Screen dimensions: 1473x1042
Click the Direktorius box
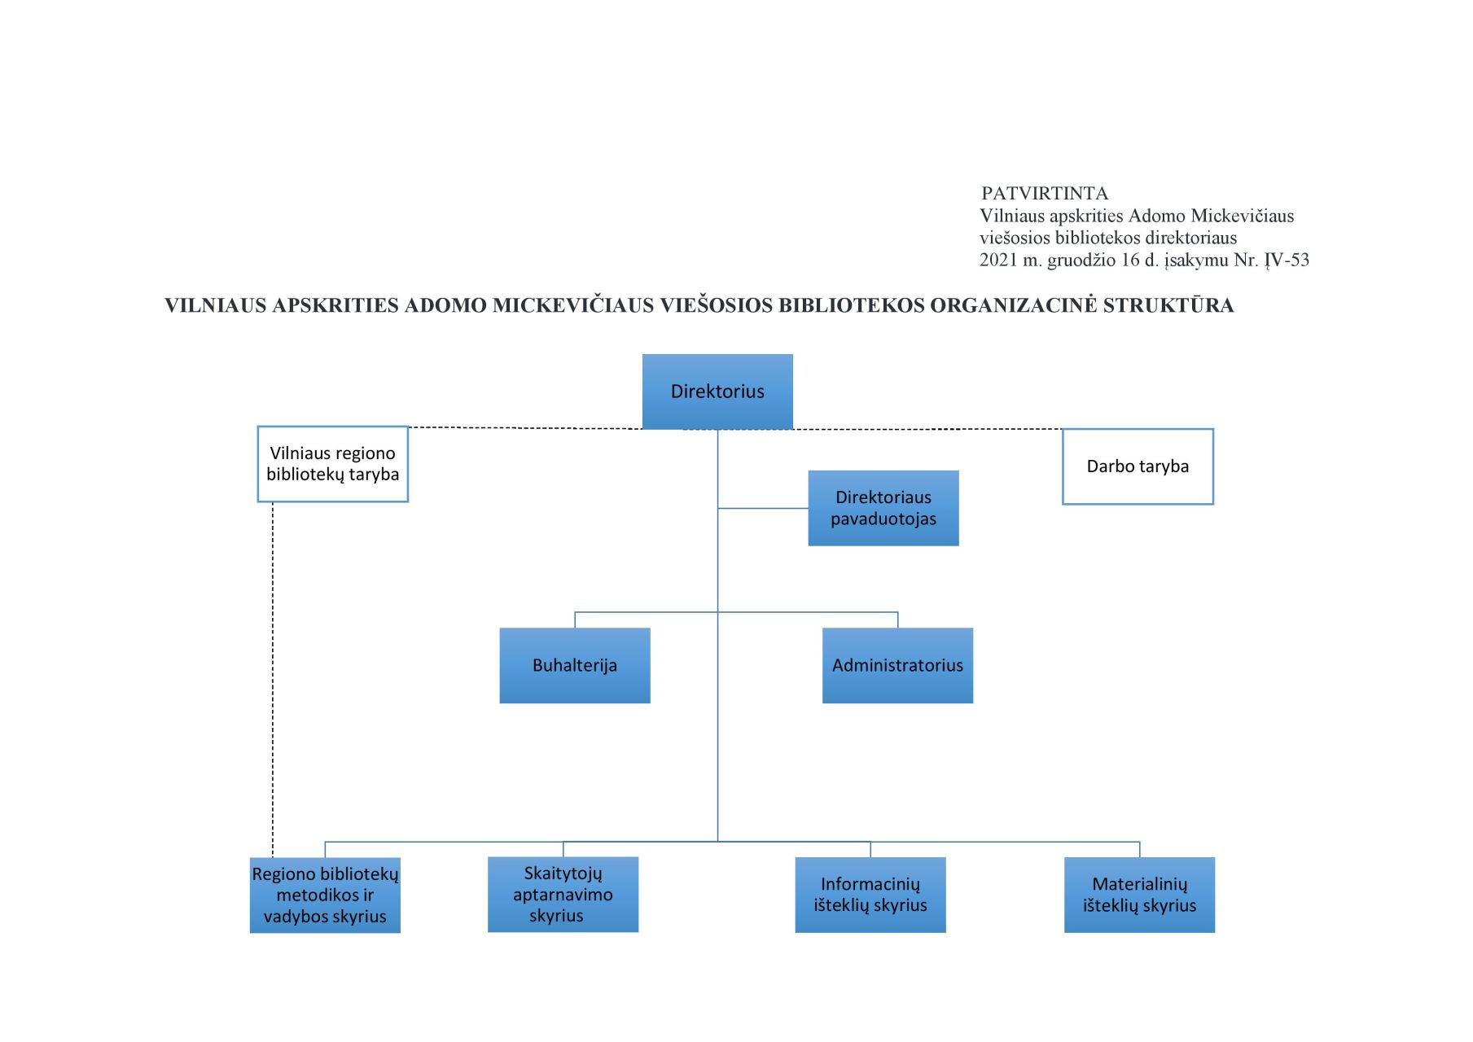[x=717, y=392]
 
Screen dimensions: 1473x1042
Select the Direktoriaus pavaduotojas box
[x=883, y=508]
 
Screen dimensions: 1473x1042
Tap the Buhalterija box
[x=575, y=665]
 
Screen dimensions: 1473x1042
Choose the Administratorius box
[x=897, y=665]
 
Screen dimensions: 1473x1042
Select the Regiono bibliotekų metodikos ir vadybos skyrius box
[x=325, y=895]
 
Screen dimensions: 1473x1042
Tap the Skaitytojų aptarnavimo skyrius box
[x=563, y=894]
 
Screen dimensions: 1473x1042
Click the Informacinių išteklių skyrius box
[x=870, y=895]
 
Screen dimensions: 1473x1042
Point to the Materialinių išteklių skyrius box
[x=1139, y=895]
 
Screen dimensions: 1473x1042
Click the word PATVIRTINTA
[x=1045, y=194]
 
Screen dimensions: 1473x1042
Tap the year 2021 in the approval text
[x=998, y=260]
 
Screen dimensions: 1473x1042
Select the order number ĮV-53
[x=1287, y=260]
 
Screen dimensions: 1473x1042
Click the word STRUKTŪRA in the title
[x=1168, y=305]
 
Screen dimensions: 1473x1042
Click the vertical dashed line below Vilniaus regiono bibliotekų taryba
[x=273, y=680]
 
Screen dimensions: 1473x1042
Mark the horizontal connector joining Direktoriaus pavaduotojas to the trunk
[x=763, y=509]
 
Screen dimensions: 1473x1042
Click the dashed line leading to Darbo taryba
[x=927, y=429]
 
